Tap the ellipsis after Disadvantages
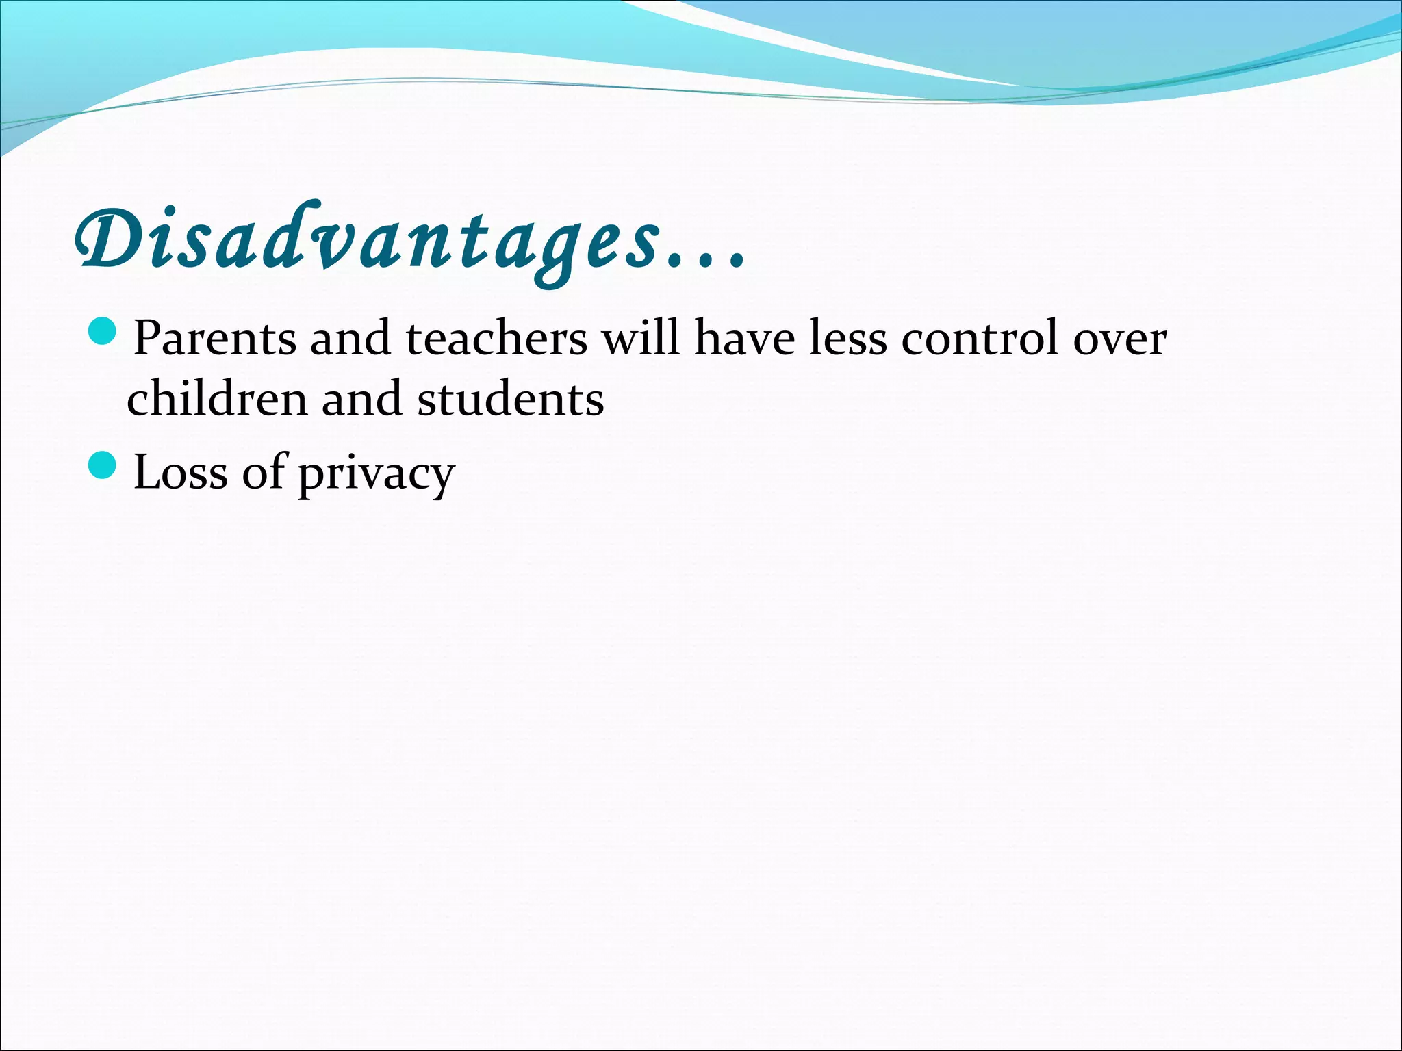point(705,259)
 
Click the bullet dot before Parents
point(103,333)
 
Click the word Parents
point(215,338)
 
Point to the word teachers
point(496,338)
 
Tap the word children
point(216,398)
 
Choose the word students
point(511,398)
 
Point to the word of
point(264,472)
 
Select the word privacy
point(376,476)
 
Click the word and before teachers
point(350,338)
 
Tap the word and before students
point(361,398)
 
